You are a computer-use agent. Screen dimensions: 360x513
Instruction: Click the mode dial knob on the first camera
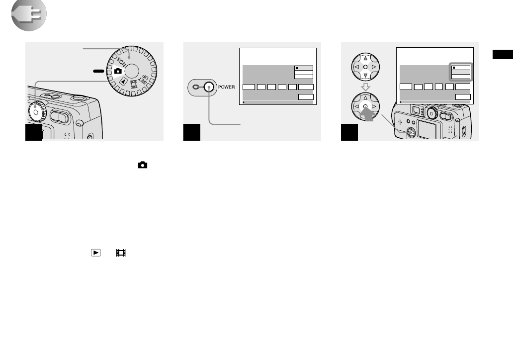pyautogui.click(x=36, y=110)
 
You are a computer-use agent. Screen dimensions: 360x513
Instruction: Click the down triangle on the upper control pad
pyautogui.click(x=365, y=76)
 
